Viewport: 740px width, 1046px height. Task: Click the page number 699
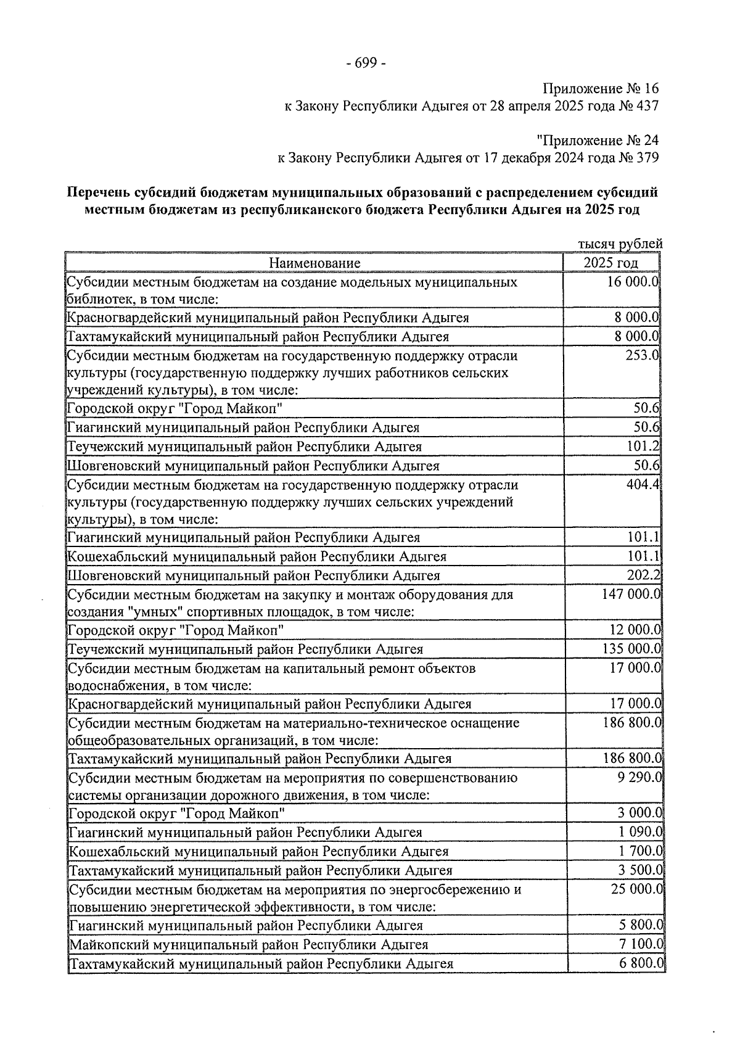(367, 64)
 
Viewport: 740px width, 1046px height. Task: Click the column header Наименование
(314, 263)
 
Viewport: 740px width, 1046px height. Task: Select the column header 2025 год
(611, 263)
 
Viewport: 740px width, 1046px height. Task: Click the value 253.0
(641, 356)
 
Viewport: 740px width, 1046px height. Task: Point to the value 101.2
(645, 446)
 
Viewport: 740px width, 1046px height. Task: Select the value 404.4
(643, 485)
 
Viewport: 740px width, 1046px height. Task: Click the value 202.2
(644, 575)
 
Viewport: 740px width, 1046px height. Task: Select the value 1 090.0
(639, 832)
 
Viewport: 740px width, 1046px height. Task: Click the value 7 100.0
(639, 944)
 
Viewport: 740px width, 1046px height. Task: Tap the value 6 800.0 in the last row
(639, 963)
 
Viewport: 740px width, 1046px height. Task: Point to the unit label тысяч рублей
(620, 244)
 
